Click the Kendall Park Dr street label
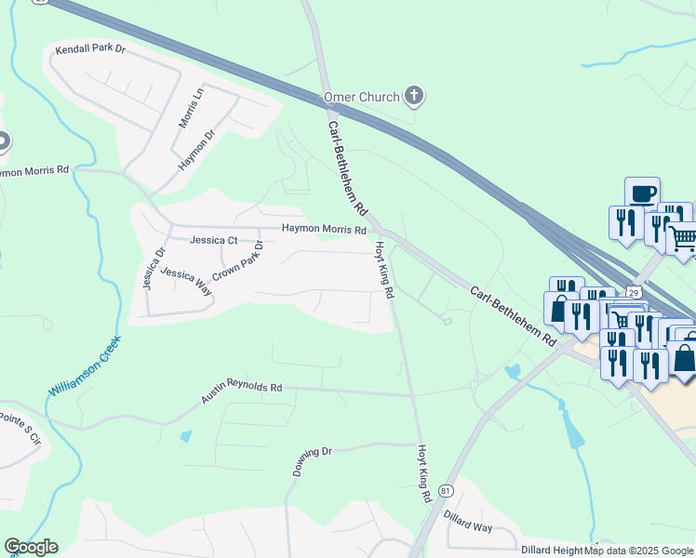pyautogui.click(x=89, y=48)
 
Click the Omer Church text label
pyautogui.click(x=361, y=97)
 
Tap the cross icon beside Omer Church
pyautogui.click(x=414, y=96)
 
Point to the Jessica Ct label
pyautogui.click(x=214, y=240)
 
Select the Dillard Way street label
pyautogui.click(x=467, y=526)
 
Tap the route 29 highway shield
pyautogui.click(x=634, y=292)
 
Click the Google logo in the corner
pyautogui.click(x=32, y=547)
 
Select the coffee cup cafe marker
pyautogui.click(x=642, y=193)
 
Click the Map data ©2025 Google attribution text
pyautogui.click(x=638, y=551)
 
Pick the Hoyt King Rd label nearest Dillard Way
pyautogui.click(x=423, y=473)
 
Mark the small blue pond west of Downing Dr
pyautogui.click(x=186, y=435)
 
